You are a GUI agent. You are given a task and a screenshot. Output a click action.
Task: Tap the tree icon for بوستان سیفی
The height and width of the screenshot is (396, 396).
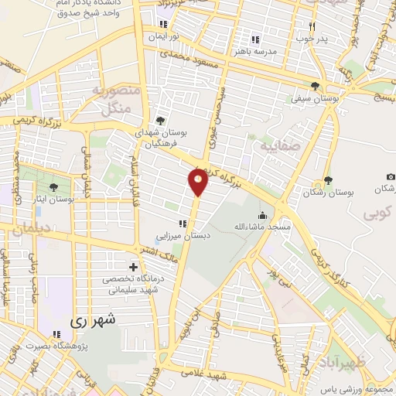314,86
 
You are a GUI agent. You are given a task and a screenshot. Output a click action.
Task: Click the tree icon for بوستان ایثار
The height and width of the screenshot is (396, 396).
53,186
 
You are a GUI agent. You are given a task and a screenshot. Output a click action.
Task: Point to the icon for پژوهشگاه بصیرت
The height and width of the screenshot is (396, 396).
56,335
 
